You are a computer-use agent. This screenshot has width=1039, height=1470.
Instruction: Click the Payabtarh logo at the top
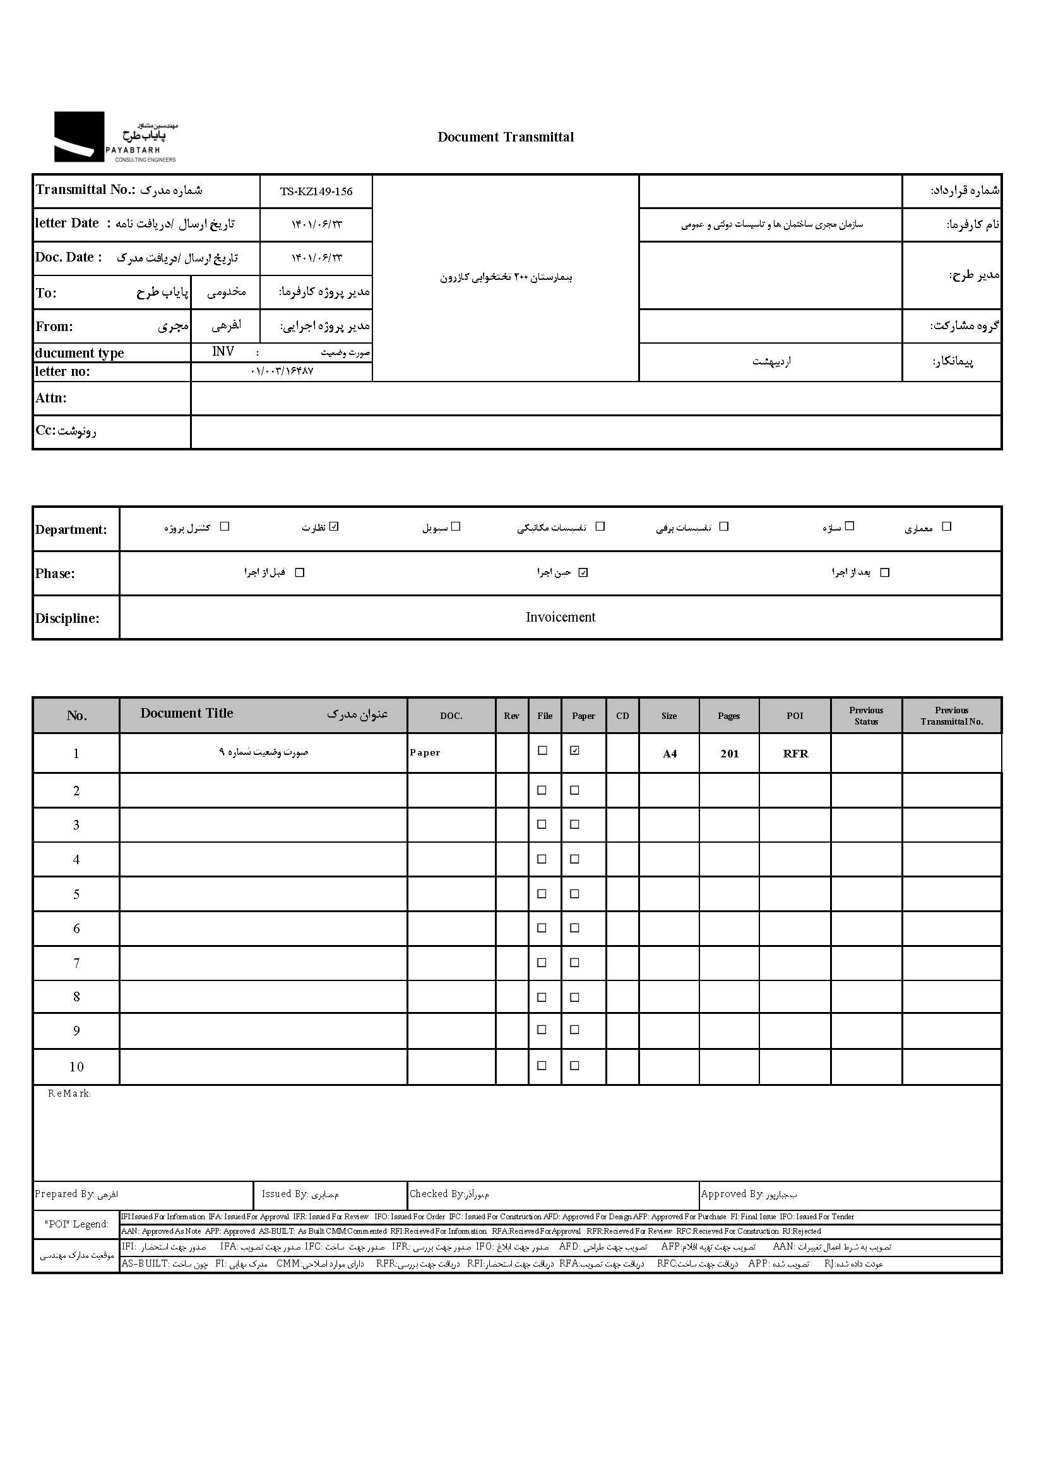[115, 136]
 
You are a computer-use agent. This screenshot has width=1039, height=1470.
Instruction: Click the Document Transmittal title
[506, 137]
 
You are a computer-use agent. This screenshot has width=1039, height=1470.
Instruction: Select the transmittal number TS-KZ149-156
[316, 191]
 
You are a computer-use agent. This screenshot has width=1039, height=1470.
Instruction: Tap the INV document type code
[223, 351]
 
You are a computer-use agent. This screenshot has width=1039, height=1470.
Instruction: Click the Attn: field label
[51, 398]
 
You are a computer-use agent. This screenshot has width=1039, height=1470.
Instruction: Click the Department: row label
[71, 529]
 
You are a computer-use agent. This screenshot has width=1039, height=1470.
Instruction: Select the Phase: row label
[55, 574]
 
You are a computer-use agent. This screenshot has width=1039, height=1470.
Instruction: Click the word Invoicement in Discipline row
[561, 617]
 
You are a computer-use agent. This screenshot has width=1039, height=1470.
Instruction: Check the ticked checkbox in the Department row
[334, 526]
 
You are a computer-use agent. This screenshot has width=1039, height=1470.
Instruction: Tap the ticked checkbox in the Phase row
[583, 572]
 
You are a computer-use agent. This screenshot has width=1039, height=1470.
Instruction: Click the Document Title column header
[187, 713]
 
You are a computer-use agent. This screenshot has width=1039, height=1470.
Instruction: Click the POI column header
[795, 716]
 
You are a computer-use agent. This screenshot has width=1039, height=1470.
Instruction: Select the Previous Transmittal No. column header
[951, 716]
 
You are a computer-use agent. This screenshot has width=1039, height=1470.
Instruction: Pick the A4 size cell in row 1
[669, 754]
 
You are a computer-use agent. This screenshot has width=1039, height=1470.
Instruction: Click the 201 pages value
[729, 754]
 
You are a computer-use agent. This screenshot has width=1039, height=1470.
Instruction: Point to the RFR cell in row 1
[795, 754]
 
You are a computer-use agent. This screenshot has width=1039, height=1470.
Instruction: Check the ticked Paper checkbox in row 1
[574, 750]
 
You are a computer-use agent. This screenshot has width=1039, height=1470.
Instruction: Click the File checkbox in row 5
[542, 893]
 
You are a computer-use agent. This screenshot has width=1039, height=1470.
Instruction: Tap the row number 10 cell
[76, 1066]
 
